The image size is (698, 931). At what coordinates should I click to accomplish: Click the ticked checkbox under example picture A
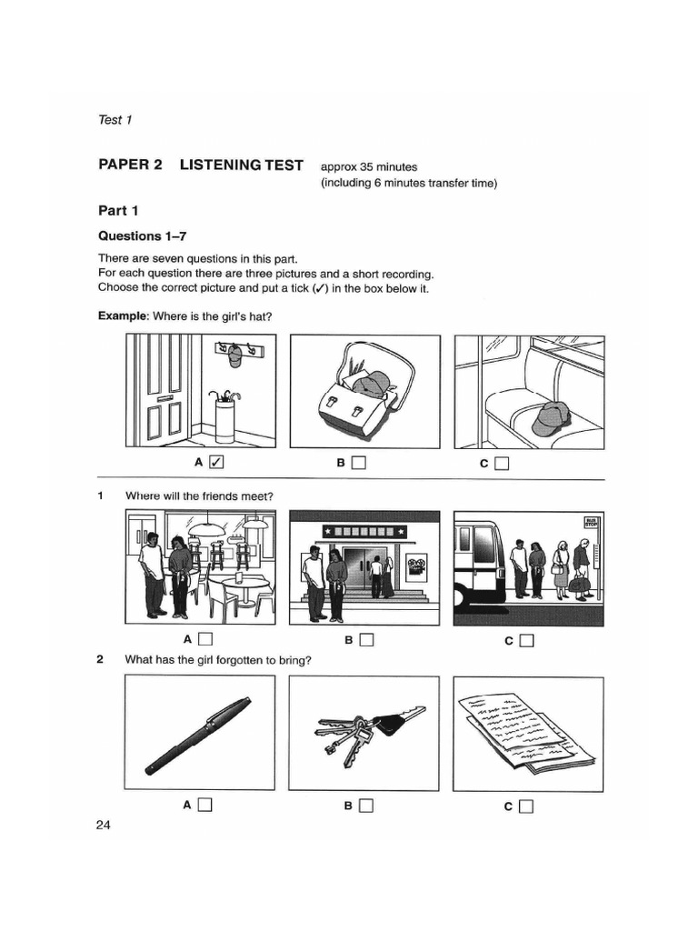click(215, 463)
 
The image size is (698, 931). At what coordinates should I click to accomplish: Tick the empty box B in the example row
click(358, 463)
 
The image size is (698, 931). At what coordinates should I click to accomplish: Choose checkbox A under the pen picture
click(205, 805)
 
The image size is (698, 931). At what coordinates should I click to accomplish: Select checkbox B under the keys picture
click(365, 805)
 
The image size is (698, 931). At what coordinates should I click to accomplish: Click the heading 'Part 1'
click(118, 211)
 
